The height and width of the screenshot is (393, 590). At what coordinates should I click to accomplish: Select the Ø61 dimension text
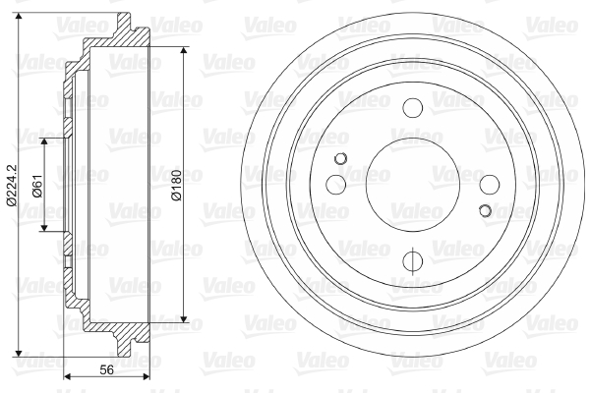pyautogui.click(x=38, y=186)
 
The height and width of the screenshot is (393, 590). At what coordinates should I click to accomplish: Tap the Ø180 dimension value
pyautogui.click(x=176, y=186)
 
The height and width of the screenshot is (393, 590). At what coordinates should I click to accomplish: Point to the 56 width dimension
pyautogui.click(x=106, y=370)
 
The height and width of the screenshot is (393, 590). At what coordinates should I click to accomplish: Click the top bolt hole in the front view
pyautogui.click(x=412, y=107)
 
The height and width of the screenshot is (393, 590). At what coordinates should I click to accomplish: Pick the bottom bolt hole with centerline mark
pyautogui.click(x=412, y=260)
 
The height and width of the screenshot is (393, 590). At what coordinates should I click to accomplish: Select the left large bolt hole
pyautogui.click(x=336, y=185)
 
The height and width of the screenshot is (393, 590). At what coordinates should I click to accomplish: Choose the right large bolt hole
pyautogui.click(x=490, y=185)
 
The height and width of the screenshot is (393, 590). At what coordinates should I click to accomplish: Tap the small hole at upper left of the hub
pyautogui.click(x=340, y=159)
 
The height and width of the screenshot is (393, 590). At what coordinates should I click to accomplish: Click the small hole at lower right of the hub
pyautogui.click(x=486, y=210)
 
